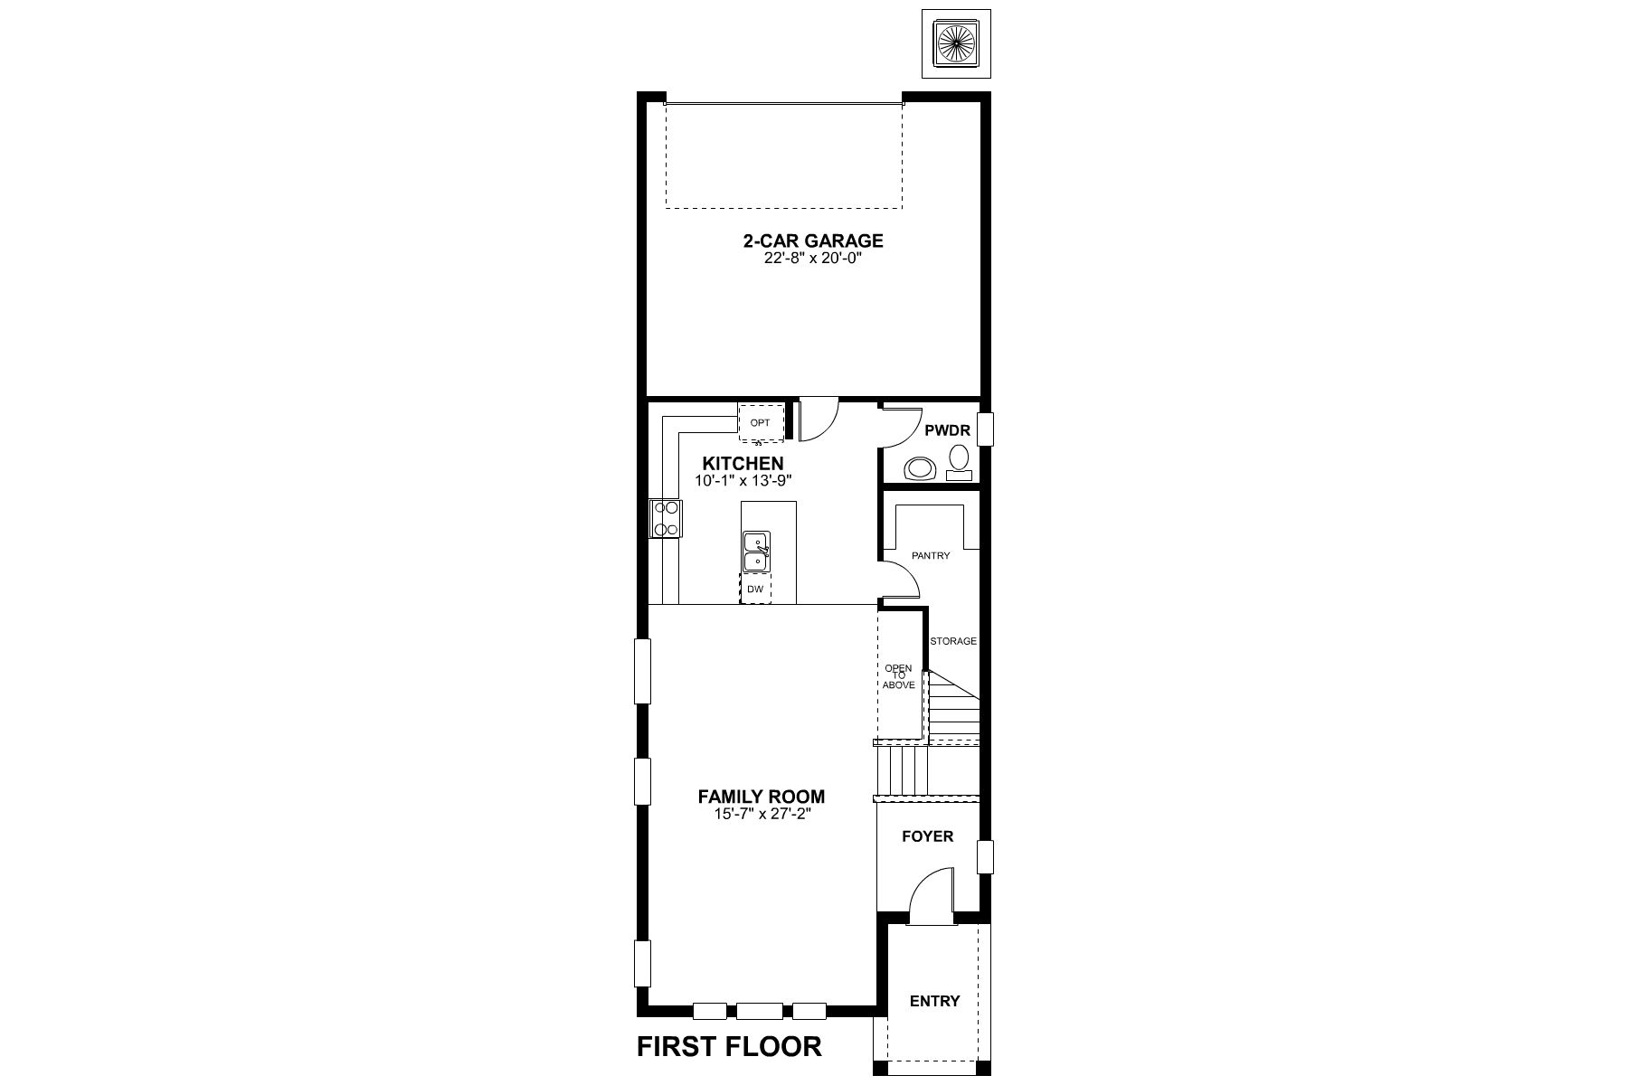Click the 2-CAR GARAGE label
pyautogui.click(x=813, y=241)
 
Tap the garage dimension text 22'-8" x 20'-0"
pyautogui.click(x=813, y=257)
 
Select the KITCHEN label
pyautogui.click(x=743, y=464)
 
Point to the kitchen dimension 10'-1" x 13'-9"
pyautogui.click(x=743, y=481)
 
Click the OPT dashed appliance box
pyautogui.click(x=761, y=422)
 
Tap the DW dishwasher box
pyautogui.click(x=755, y=590)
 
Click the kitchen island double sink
pyautogui.click(x=756, y=552)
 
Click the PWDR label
pyautogui.click(x=947, y=431)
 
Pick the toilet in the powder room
pyautogui.click(x=959, y=462)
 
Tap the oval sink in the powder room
pyautogui.click(x=922, y=468)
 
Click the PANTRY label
pyautogui.click(x=931, y=556)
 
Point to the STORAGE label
pyautogui.click(x=953, y=641)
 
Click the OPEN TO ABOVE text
pyautogui.click(x=899, y=676)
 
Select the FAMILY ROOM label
pyautogui.click(x=762, y=797)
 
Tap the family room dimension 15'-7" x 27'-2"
pyautogui.click(x=762, y=814)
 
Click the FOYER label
pyautogui.click(x=928, y=836)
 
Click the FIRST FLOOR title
pyautogui.click(x=730, y=1046)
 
